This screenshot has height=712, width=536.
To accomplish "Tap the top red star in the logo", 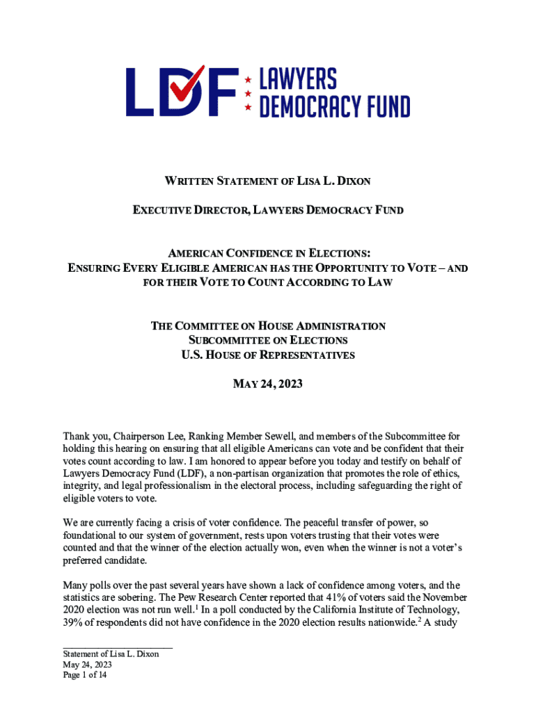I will click(x=248, y=78).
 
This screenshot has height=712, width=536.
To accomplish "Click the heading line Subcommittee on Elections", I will click(x=268, y=340).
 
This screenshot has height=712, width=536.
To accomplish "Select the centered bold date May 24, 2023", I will click(x=268, y=383).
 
